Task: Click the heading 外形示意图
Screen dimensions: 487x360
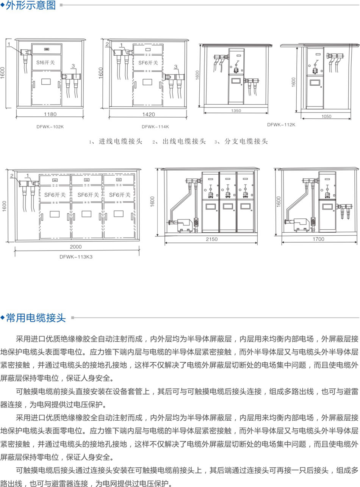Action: point(31,5)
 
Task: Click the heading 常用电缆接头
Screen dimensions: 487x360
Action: point(36,318)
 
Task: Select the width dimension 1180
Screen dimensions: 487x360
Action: point(50,114)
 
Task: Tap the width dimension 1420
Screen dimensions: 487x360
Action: point(149,114)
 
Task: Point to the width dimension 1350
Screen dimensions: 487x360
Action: point(236,111)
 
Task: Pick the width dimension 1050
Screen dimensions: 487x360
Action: point(326,116)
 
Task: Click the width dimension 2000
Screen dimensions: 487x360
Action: point(76,247)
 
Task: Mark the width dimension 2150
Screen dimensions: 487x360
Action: point(211,239)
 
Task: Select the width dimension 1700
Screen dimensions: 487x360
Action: point(319,239)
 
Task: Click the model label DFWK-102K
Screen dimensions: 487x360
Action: point(50,127)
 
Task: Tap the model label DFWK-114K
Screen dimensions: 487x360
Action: point(155,127)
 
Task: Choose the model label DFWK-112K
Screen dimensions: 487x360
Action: point(281,124)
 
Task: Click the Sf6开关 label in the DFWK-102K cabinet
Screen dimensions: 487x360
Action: point(45,62)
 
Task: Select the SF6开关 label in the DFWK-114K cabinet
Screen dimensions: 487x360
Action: point(148,63)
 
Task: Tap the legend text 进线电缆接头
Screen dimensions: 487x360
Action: point(121,141)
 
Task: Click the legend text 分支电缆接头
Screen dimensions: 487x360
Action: point(246,141)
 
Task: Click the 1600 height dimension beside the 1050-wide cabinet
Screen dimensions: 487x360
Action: point(294,82)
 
